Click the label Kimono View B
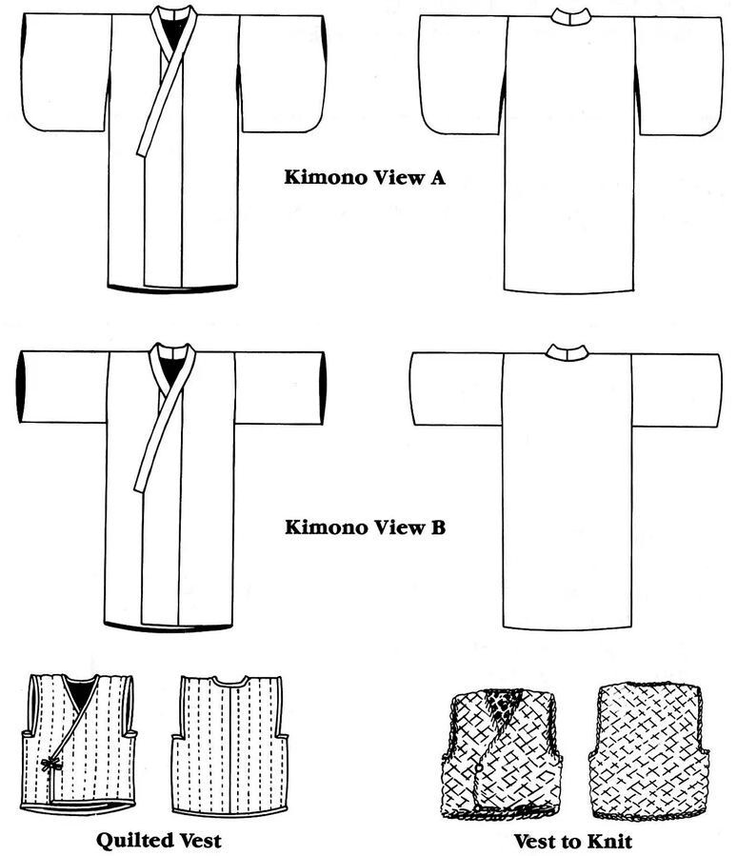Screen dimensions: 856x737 (x=365, y=526)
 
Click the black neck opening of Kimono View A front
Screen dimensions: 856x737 (x=171, y=32)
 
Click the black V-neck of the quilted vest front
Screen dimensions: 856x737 (x=80, y=692)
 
